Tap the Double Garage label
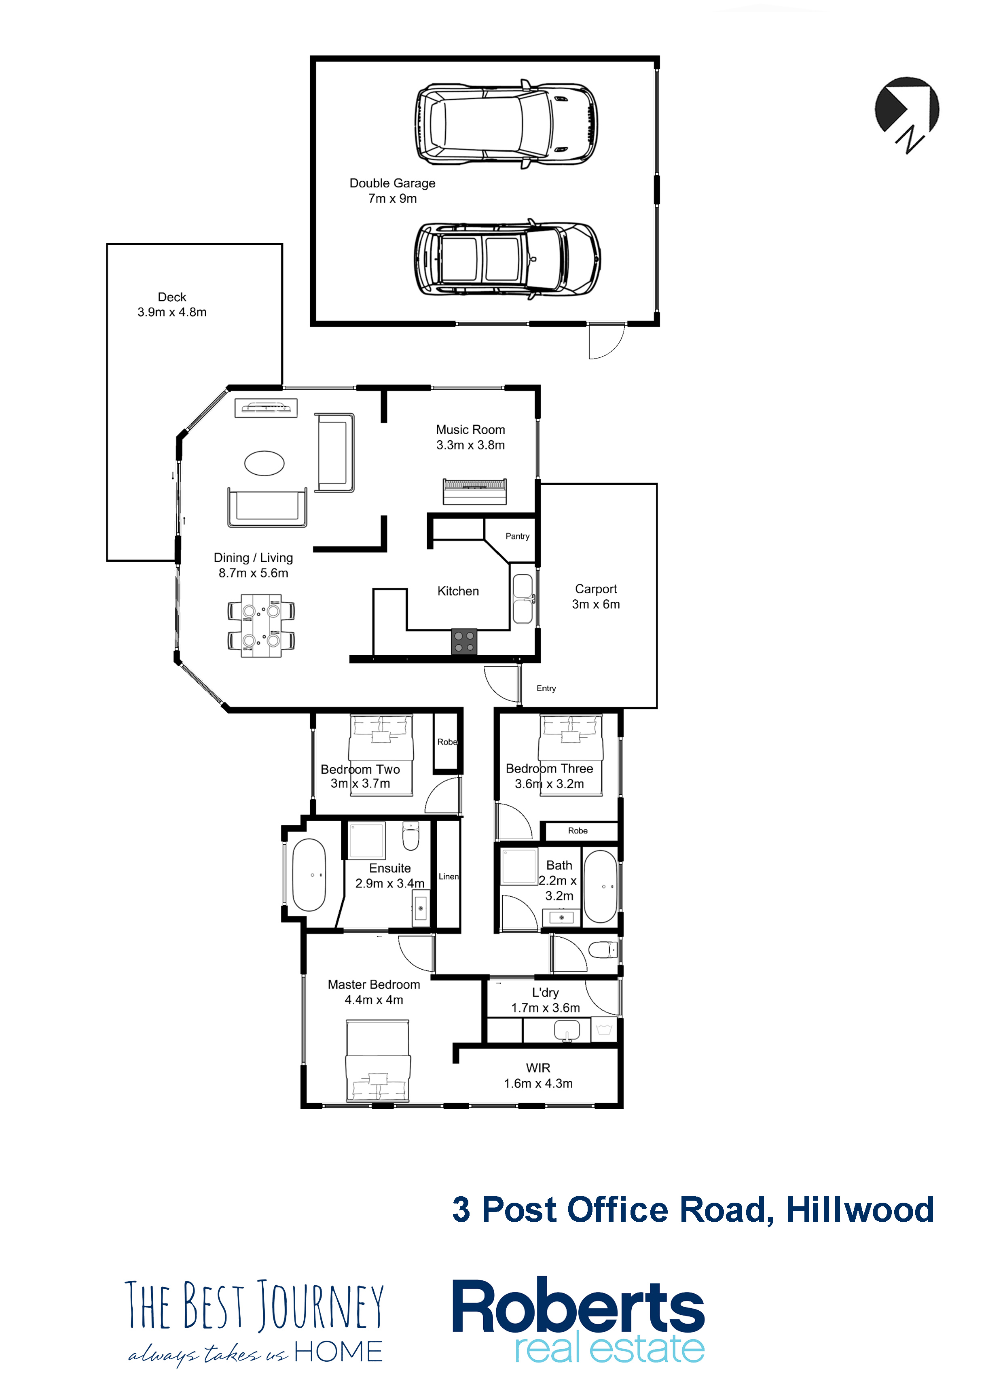392,183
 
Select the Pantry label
517,536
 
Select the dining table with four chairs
261,625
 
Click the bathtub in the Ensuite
309,875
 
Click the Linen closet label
449,877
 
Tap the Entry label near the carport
546,688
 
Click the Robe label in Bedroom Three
578,830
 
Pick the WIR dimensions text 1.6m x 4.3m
538,1083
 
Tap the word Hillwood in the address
860,1210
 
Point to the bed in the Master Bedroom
377,1061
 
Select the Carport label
596,589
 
